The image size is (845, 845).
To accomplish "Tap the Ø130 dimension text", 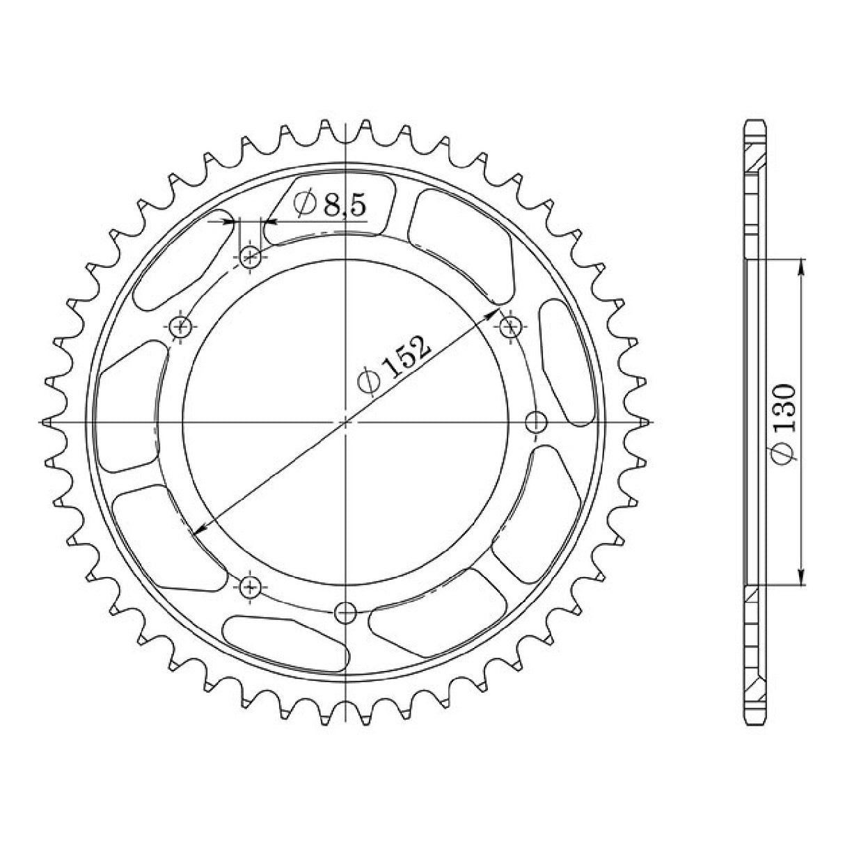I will (784, 422).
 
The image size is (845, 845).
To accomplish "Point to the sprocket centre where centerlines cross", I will (346, 422).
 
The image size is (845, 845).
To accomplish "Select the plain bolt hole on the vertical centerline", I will (346, 612).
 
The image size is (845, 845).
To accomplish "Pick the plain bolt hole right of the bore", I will (535, 422).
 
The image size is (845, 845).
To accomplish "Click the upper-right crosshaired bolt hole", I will (510, 326).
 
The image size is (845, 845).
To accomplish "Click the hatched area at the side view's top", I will (757, 161).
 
